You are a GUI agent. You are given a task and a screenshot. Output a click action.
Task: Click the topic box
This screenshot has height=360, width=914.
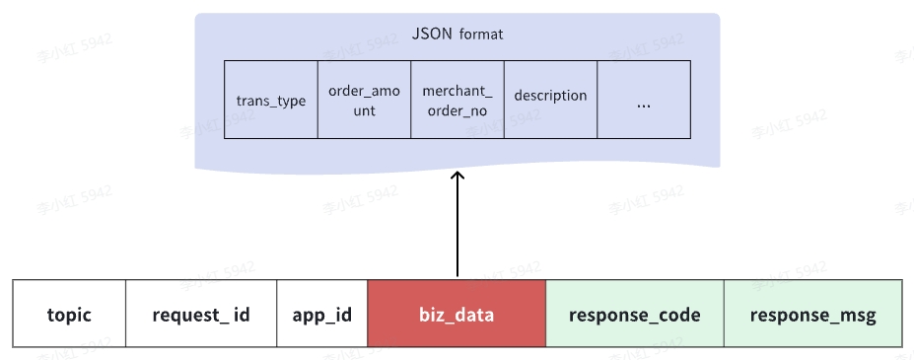pos(69,315)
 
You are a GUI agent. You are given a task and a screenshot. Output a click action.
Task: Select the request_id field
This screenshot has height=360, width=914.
pos(201,315)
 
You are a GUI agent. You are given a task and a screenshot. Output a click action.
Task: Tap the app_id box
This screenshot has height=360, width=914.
pos(321,315)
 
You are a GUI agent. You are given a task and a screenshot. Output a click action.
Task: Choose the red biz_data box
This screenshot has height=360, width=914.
pos(457,315)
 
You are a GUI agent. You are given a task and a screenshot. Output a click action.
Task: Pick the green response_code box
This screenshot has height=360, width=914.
pos(635,315)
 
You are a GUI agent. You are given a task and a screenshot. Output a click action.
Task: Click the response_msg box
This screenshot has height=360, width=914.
pos(812,315)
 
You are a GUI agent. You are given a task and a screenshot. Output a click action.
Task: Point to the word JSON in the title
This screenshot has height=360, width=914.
pos(432,34)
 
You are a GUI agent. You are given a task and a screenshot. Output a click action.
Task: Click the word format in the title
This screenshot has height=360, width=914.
pos(480,35)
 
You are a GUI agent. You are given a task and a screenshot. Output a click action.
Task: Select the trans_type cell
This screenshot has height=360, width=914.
pos(271,101)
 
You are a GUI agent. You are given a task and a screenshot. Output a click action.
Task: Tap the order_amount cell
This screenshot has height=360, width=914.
pos(364,101)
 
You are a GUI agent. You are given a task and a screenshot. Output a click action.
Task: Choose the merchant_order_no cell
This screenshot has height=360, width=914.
pos(457,101)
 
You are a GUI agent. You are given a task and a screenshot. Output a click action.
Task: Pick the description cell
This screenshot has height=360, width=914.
pos(550,97)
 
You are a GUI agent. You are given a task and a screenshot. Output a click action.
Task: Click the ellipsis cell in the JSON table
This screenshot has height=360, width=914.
pos(644,101)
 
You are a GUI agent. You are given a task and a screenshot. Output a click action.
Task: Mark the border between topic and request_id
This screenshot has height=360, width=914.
pos(125,314)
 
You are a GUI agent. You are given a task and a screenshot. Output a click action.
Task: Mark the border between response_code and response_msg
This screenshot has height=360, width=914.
pos(724,314)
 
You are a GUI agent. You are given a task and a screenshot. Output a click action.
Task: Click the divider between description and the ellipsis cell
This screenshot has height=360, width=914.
pos(598,100)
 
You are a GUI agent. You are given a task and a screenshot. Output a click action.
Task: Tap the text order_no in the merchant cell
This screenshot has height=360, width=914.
pos(457,111)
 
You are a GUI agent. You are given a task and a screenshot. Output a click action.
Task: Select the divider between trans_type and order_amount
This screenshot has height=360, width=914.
pos(317,100)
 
